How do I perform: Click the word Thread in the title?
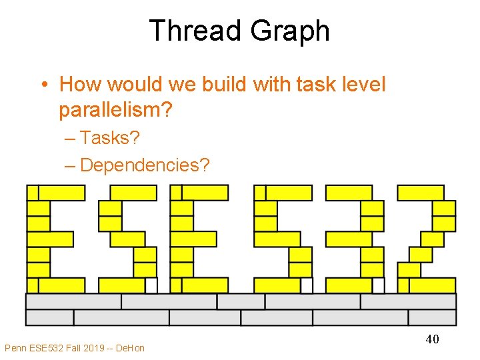pos(196,31)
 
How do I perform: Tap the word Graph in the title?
pos(289,31)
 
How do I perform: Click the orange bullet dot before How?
pos(43,85)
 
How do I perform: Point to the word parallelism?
pos(115,109)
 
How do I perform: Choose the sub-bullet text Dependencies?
pos(144,165)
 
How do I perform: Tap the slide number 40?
pos(432,339)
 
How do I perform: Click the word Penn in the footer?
pos(15,347)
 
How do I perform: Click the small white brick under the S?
pos(151,285)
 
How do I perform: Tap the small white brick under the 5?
pos(307,285)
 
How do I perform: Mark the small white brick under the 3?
pos(379,285)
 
